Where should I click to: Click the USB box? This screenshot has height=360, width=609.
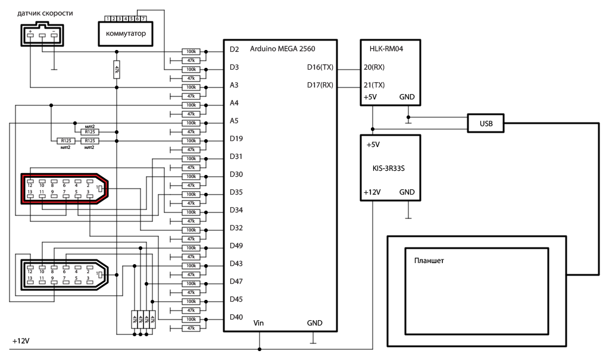click(485, 123)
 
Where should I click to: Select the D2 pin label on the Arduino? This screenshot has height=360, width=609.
click(235, 49)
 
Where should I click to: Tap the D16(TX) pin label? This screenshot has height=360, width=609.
click(320, 67)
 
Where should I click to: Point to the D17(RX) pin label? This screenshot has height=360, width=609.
click(320, 85)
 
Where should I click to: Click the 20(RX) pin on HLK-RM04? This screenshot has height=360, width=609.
click(374, 67)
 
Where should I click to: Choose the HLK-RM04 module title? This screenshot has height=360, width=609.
click(383, 48)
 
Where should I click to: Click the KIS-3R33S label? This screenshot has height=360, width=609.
click(390, 169)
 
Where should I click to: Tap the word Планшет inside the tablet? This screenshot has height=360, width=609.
click(429, 261)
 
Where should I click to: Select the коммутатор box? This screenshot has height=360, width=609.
click(125, 33)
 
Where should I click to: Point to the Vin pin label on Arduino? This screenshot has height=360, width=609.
click(259, 323)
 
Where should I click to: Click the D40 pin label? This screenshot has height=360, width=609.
click(236, 317)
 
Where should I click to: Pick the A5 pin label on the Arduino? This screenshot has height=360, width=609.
click(235, 121)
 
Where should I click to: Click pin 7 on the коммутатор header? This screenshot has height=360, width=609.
click(143, 19)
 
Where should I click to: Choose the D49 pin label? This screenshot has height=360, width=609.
click(236, 246)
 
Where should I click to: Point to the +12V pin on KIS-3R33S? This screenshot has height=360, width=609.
click(373, 192)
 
